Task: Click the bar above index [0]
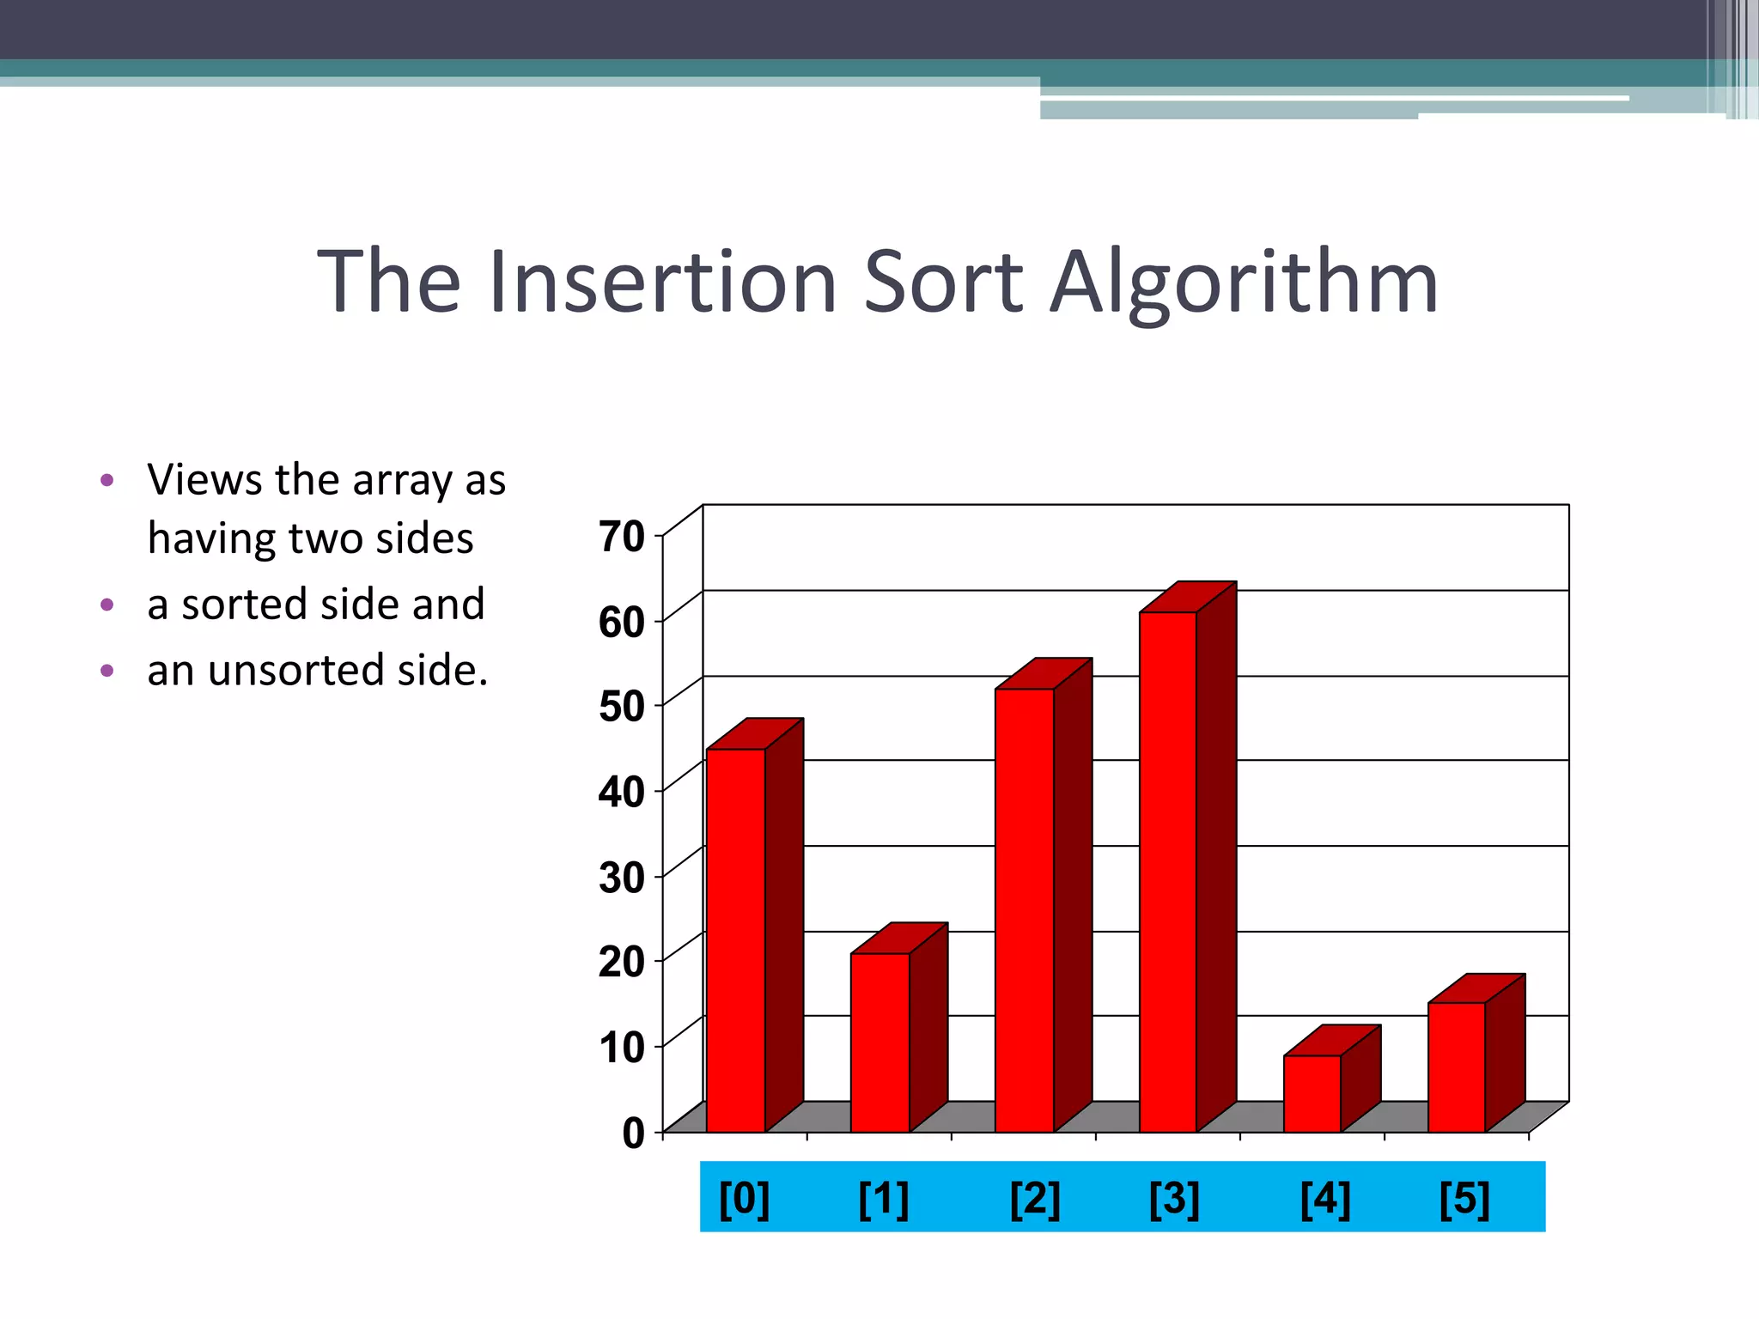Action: [736, 940]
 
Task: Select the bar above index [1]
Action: [880, 1042]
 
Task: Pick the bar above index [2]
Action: [1025, 910]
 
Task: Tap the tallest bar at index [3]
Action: [1168, 872]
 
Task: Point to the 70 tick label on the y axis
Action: [622, 538]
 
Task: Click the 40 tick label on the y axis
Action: [622, 792]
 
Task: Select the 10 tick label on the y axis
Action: [622, 1048]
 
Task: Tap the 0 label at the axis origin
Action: [634, 1134]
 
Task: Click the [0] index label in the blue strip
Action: [744, 1199]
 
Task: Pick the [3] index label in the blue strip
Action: [1174, 1199]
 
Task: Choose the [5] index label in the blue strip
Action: [1464, 1199]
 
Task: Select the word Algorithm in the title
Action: [1245, 282]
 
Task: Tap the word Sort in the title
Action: [943, 282]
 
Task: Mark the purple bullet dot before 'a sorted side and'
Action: [107, 605]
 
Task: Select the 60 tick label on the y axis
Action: [622, 623]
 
